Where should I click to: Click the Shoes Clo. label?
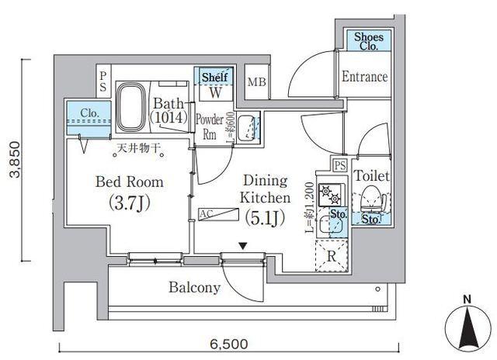tap(368, 41)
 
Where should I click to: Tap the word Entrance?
tap(364, 77)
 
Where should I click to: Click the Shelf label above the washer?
tap(214, 77)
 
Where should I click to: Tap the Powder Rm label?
tap(209, 126)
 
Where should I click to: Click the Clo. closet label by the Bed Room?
tap(90, 113)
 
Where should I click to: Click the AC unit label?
tap(207, 213)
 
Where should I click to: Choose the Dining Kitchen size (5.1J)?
tap(263, 218)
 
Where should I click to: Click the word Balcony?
tap(194, 288)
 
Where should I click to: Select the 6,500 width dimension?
tap(228, 343)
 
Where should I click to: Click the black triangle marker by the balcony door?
tap(243, 247)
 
